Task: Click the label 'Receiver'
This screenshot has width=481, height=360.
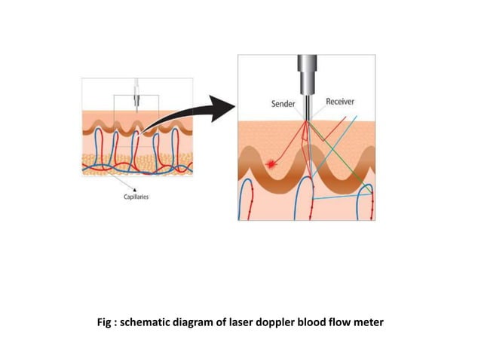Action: coord(341,102)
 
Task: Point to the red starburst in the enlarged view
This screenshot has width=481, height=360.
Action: coord(271,163)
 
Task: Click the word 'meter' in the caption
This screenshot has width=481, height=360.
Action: coord(367,322)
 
